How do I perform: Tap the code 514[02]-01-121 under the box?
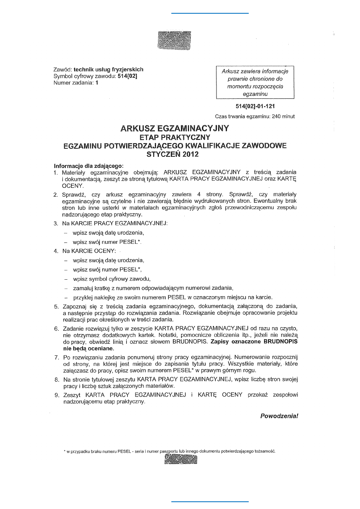pos(255,107)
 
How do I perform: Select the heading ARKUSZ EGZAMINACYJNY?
pos(175,129)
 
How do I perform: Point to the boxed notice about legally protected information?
pos(255,83)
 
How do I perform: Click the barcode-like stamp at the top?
pos(174,41)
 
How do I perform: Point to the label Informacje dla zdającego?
pos(88,166)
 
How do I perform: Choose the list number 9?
pos(56,395)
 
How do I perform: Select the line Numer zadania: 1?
pos(75,83)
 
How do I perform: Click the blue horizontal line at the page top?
pos(210,13)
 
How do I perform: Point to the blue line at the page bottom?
pos(210,502)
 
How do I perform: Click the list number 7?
pos(56,357)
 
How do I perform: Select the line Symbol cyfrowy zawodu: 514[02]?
pos(96,76)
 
